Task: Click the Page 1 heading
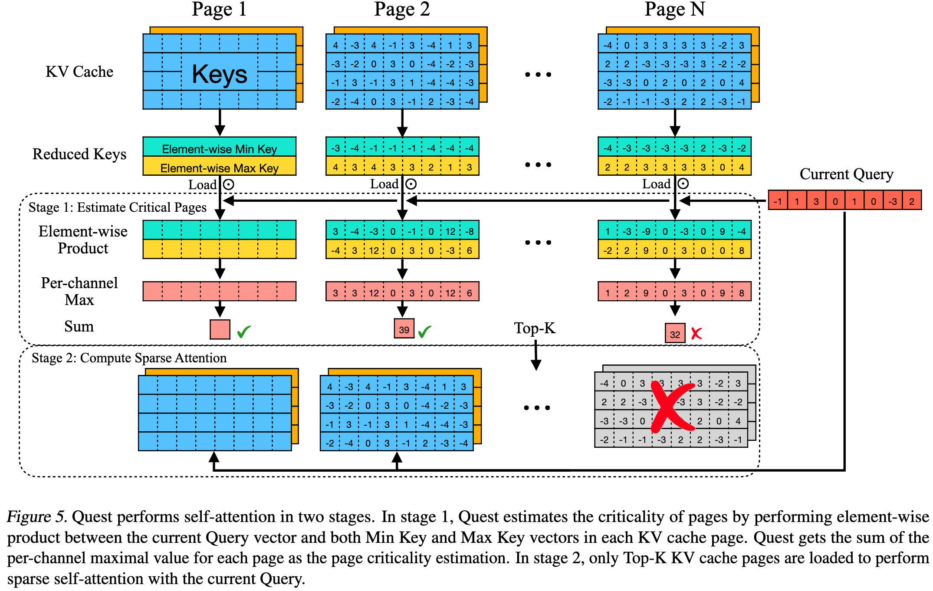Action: click(x=219, y=10)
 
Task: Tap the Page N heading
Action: click(x=674, y=10)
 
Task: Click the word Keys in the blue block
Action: click(x=220, y=74)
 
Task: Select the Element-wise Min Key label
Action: click(x=219, y=149)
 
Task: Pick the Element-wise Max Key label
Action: click(x=219, y=168)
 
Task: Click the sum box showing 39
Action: click(x=404, y=329)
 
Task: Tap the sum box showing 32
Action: click(x=675, y=334)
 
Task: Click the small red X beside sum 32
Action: click(x=696, y=333)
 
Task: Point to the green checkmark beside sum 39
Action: click(x=424, y=332)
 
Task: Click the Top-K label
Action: click(x=535, y=328)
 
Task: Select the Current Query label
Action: click(x=846, y=174)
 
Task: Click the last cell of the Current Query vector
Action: click(x=912, y=201)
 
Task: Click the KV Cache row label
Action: click(x=79, y=72)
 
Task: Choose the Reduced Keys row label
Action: click(x=79, y=154)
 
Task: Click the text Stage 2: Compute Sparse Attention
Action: click(x=129, y=358)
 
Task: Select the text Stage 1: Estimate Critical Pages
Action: click(x=117, y=207)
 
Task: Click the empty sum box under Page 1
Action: click(x=220, y=329)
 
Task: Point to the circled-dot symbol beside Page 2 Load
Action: click(x=411, y=184)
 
